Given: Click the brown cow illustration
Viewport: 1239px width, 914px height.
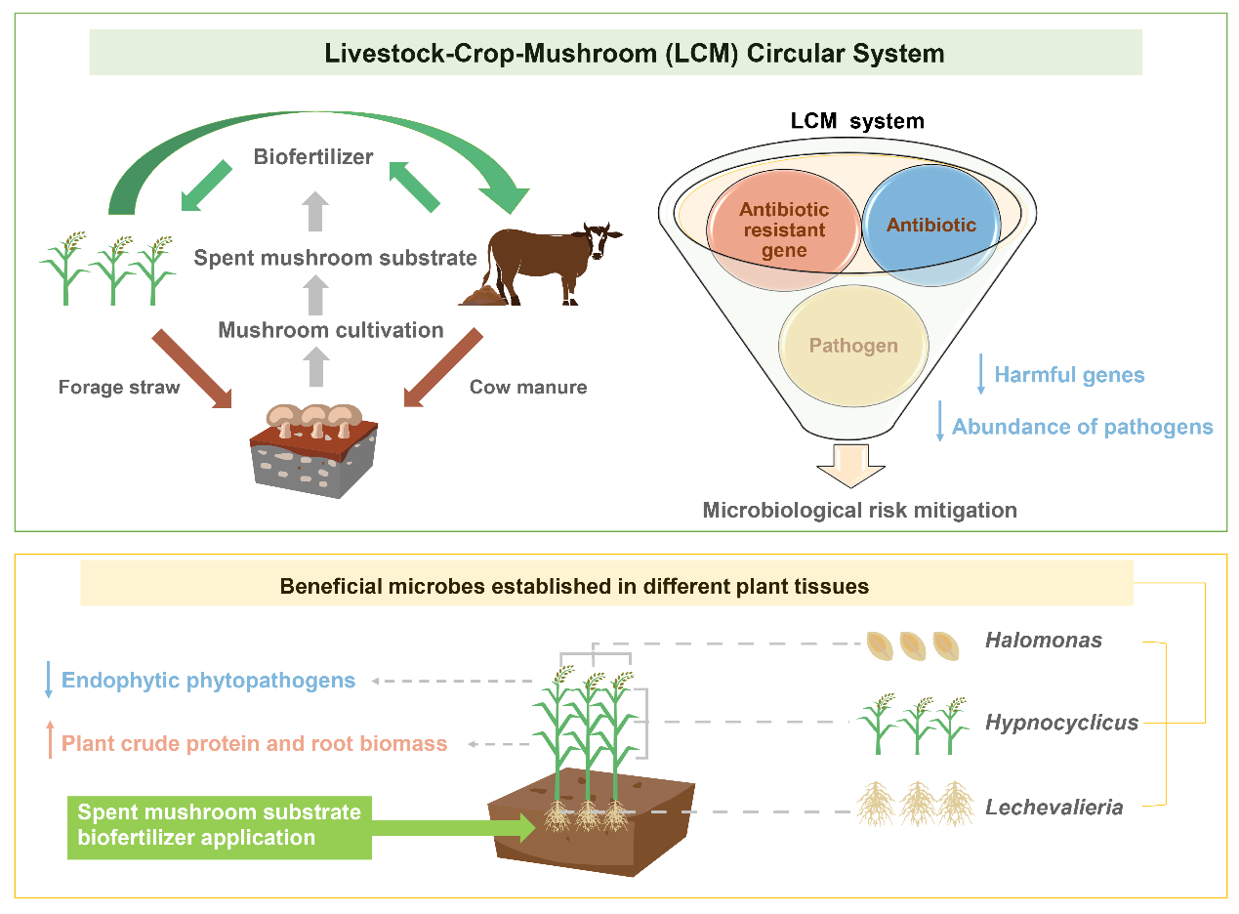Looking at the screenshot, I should coord(547,264).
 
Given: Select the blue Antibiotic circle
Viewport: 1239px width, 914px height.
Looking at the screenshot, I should coord(931,226).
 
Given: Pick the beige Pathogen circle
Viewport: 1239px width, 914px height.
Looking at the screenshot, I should coord(853,346).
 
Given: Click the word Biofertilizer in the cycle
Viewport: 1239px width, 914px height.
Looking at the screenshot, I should coord(312,156).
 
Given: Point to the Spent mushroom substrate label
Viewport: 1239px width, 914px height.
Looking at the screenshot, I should coord(335,258).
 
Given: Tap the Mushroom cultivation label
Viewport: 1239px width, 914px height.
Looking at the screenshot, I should coord(331,330).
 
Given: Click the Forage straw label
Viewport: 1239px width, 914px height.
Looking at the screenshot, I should coord(119,388).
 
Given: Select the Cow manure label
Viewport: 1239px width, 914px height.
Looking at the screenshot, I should coord(528,388).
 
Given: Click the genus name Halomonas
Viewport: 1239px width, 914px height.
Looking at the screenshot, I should coord(1044,641).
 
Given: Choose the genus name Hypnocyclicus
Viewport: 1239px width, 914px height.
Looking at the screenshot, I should coord(1061,724).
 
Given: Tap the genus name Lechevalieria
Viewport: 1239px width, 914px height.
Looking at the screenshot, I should coord(1053,808).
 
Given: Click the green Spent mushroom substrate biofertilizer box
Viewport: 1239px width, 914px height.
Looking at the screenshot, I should coord(220,825).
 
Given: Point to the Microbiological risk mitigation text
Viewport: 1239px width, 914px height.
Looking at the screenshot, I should coord(859,510).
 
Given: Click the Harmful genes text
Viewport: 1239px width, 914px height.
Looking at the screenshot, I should coord(1069,375).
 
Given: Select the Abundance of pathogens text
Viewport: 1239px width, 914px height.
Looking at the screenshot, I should coord(1082,427).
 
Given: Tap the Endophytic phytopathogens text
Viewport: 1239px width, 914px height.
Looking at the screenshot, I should coord(208,681).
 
